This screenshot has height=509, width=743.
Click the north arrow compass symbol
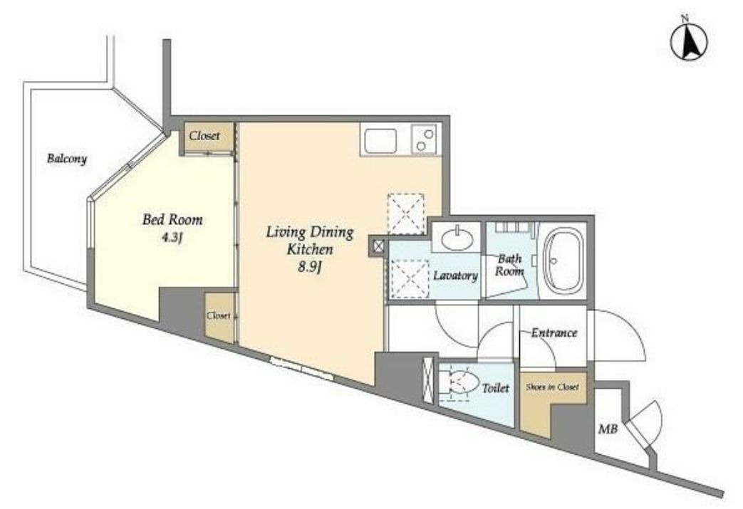[x=689, y=41]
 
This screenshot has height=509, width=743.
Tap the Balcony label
[x=67, y=159]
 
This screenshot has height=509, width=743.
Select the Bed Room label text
[x=172, y=220]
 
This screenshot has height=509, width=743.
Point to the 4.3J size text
[x=172, y=237]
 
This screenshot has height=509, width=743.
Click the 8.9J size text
[x=310, y=267]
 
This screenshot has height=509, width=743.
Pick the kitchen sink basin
[x=380, y=141]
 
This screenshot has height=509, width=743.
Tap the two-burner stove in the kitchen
[x=424, y=140]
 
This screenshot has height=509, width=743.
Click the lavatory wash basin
[x=457, y=238]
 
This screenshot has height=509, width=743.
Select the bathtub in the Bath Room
[x=563, y=261]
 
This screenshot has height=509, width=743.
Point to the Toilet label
[x=496, y=388]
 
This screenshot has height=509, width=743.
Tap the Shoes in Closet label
[x=553, y=387]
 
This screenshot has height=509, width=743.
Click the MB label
[x=608, y=429]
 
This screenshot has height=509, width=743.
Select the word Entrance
[x=554, y=333]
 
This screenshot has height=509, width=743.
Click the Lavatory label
[x=455, y=276]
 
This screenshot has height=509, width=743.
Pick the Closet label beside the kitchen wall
[x=204, y=135]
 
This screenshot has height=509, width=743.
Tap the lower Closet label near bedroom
[x=219, y=315]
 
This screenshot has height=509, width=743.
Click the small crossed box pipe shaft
[x=378, y=246]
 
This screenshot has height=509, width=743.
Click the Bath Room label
[x=509, y=265]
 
